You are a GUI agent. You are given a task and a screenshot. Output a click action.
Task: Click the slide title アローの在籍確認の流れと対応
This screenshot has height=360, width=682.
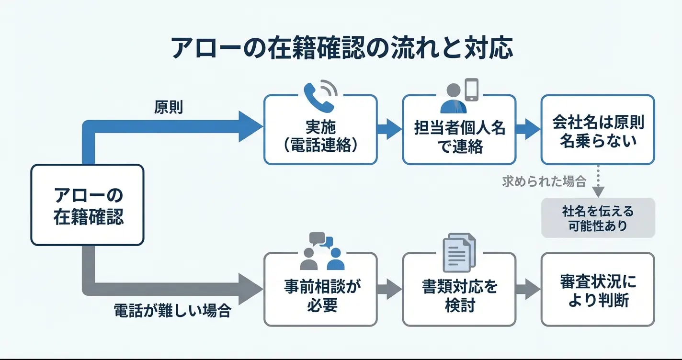pyautogui.click(x=342, y=48)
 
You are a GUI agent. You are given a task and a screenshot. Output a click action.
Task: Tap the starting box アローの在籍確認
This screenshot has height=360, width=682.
pyautogui.click(x=87, y=205)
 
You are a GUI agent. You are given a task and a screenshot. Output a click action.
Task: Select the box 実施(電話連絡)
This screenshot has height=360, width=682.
pyautogui.click(x=320, y=130)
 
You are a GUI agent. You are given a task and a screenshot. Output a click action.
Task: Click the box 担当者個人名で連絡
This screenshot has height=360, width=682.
pyautogui.click(x=459, y=130)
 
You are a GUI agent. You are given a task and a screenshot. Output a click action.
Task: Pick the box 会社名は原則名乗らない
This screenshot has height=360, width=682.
pyautogui.click(x=598, y=130)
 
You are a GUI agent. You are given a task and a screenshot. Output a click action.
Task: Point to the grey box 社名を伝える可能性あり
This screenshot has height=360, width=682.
pyautogui.click(x=598, y=218)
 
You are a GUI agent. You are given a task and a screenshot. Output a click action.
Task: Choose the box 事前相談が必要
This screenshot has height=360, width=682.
pyautogui.click(x=320, y=290)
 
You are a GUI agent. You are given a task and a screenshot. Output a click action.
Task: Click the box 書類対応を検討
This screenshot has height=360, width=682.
pyautogui.click(x=459, y=290)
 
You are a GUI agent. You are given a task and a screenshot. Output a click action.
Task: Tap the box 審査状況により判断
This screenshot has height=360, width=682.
pyautogui.click(x=598, y=290)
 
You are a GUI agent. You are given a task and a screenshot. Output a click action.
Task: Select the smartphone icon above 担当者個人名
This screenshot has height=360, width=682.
pyautogui.click(x=472, y=90)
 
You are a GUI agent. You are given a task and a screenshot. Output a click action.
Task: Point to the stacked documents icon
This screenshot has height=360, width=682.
pyautogui.click(x=459, y=252)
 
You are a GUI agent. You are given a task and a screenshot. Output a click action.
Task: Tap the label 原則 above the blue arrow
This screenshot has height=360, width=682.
pyautogui.click(x=169, y=107)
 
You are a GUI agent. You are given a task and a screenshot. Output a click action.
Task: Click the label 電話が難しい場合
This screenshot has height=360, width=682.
pyautogui.click(x=172, y=311)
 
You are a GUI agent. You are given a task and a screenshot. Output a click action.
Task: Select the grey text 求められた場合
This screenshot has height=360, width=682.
pyautogui.click(x=544, y=181)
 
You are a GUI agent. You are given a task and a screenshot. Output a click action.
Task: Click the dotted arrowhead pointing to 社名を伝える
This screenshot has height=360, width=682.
pyautogui.click(x=598, y=192)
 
